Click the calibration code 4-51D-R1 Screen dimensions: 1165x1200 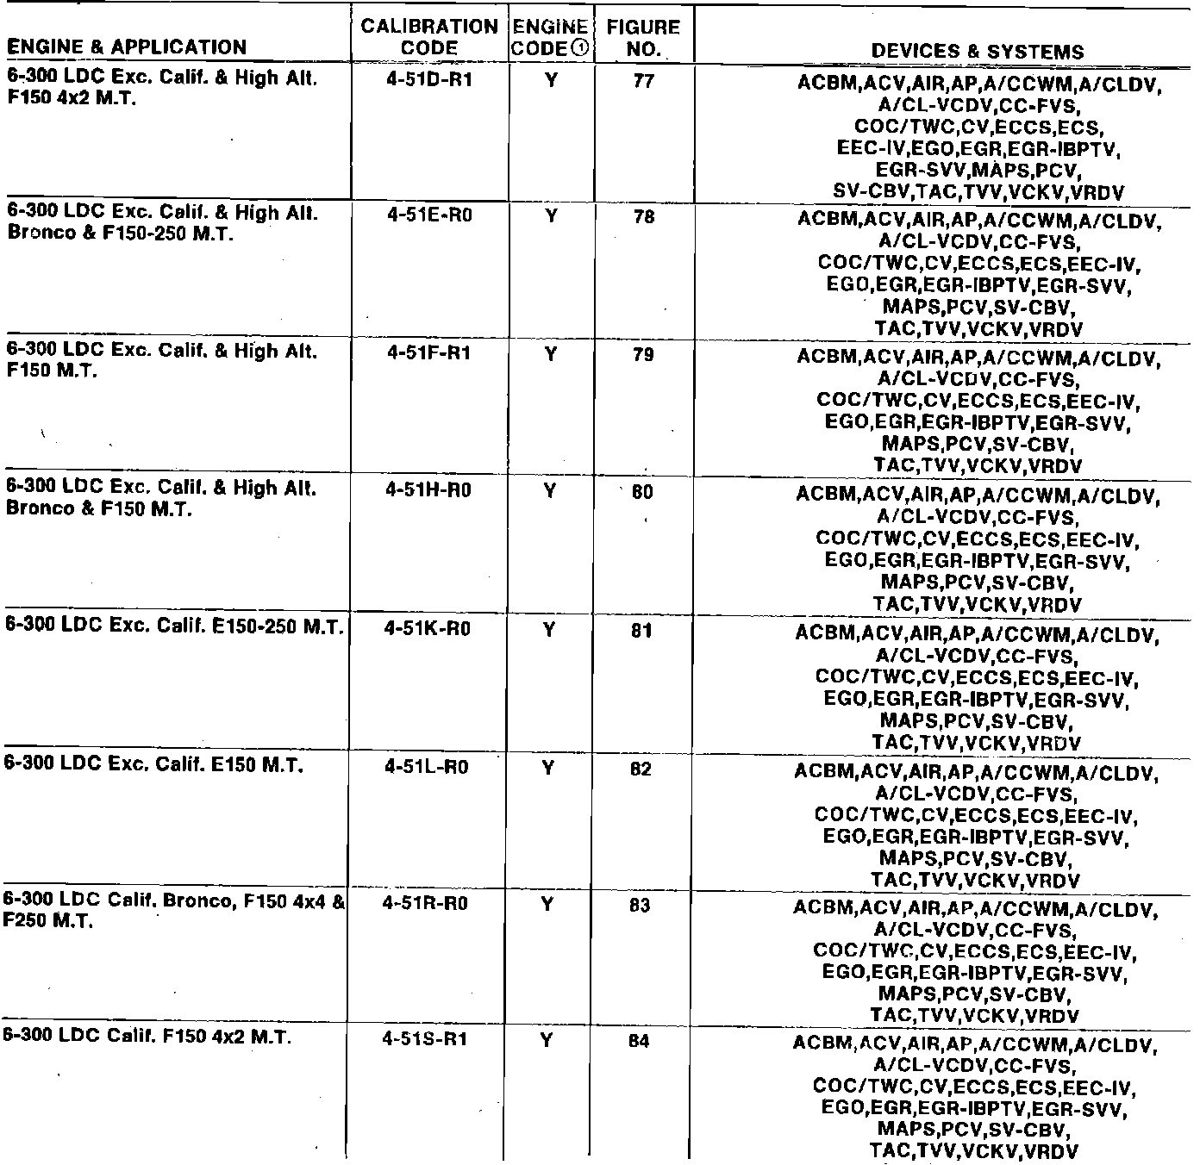pos(429,83)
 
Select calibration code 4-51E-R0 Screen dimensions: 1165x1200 pos(429,217)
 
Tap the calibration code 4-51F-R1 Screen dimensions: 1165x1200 pos(429,353)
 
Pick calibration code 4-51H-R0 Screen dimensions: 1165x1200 pos(428,491)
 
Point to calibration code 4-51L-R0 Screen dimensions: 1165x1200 pos(427,767)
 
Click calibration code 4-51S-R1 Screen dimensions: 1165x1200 pos(425,1039)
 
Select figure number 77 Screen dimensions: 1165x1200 pos(643,82)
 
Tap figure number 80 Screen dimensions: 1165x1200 pos(642,493)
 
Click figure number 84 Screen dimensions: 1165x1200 pos(639,1041)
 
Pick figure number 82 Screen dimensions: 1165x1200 pos(641,769)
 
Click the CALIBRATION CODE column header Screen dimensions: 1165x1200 pos(429,37)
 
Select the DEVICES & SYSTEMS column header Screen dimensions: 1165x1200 pos(978,51)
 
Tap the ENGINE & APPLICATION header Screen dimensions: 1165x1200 pos(126,47)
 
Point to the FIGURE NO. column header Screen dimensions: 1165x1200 pos(643,38)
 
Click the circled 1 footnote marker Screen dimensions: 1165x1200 pos(580,49)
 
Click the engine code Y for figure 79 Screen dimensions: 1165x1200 pos(550,353)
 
